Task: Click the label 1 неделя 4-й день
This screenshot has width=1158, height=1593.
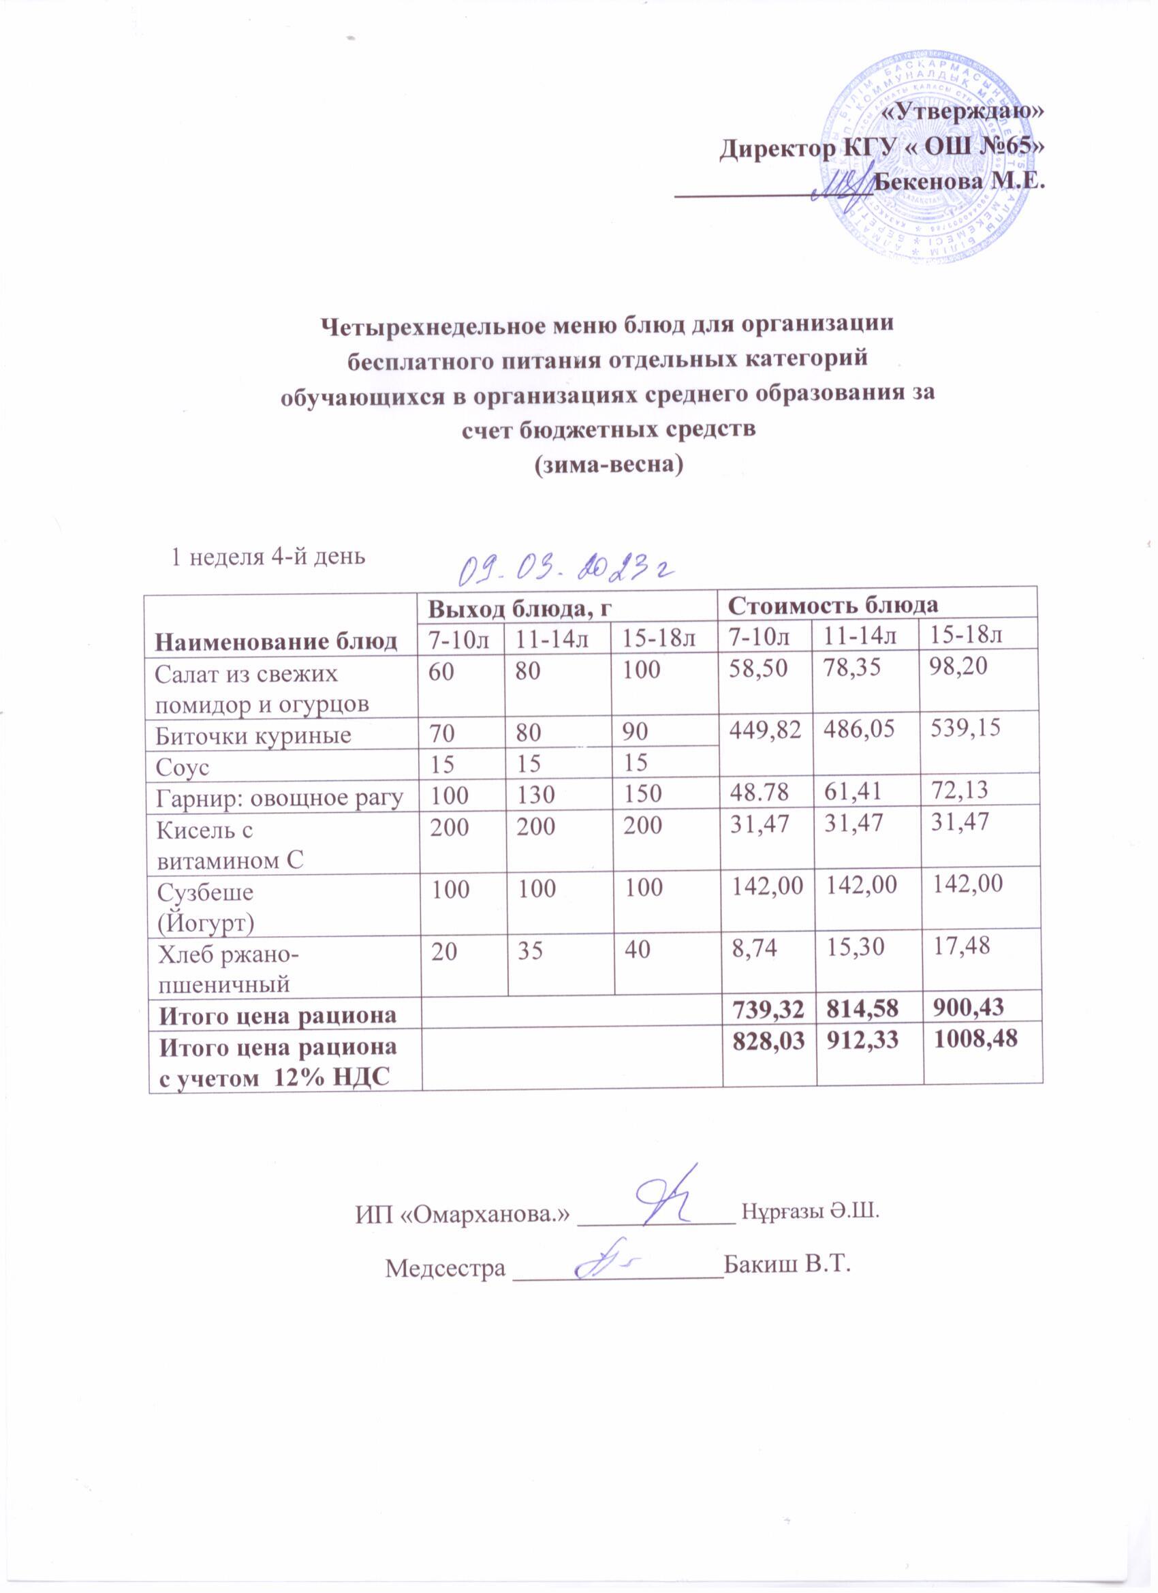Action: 269,556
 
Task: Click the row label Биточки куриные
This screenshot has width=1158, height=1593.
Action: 253,735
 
